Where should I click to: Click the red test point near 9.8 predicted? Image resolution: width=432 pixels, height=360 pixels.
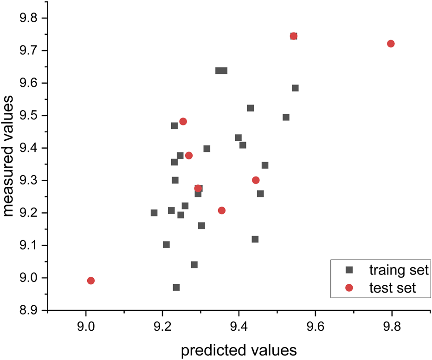pos(391,44)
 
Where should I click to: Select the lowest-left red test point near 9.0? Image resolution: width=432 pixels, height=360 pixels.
pos(91,281)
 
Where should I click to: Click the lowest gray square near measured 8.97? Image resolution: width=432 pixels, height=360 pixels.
pos(176,287)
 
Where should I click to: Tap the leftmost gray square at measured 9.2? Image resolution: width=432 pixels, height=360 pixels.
pos(154,213)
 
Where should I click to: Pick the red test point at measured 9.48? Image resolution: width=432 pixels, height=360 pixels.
pos(183,121)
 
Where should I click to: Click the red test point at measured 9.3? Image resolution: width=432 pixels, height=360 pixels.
pos(256,180)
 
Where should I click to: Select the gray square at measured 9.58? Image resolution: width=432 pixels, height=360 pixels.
pos(295,88)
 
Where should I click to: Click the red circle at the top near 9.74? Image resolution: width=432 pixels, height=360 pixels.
pos(294,36)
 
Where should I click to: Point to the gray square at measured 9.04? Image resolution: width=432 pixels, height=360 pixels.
pos(194,265)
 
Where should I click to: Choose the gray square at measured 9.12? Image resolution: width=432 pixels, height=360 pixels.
pos(255,239)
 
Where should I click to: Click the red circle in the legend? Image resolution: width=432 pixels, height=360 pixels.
pos(349,288)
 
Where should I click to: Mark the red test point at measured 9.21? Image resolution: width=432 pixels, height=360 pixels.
pos(222,210)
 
